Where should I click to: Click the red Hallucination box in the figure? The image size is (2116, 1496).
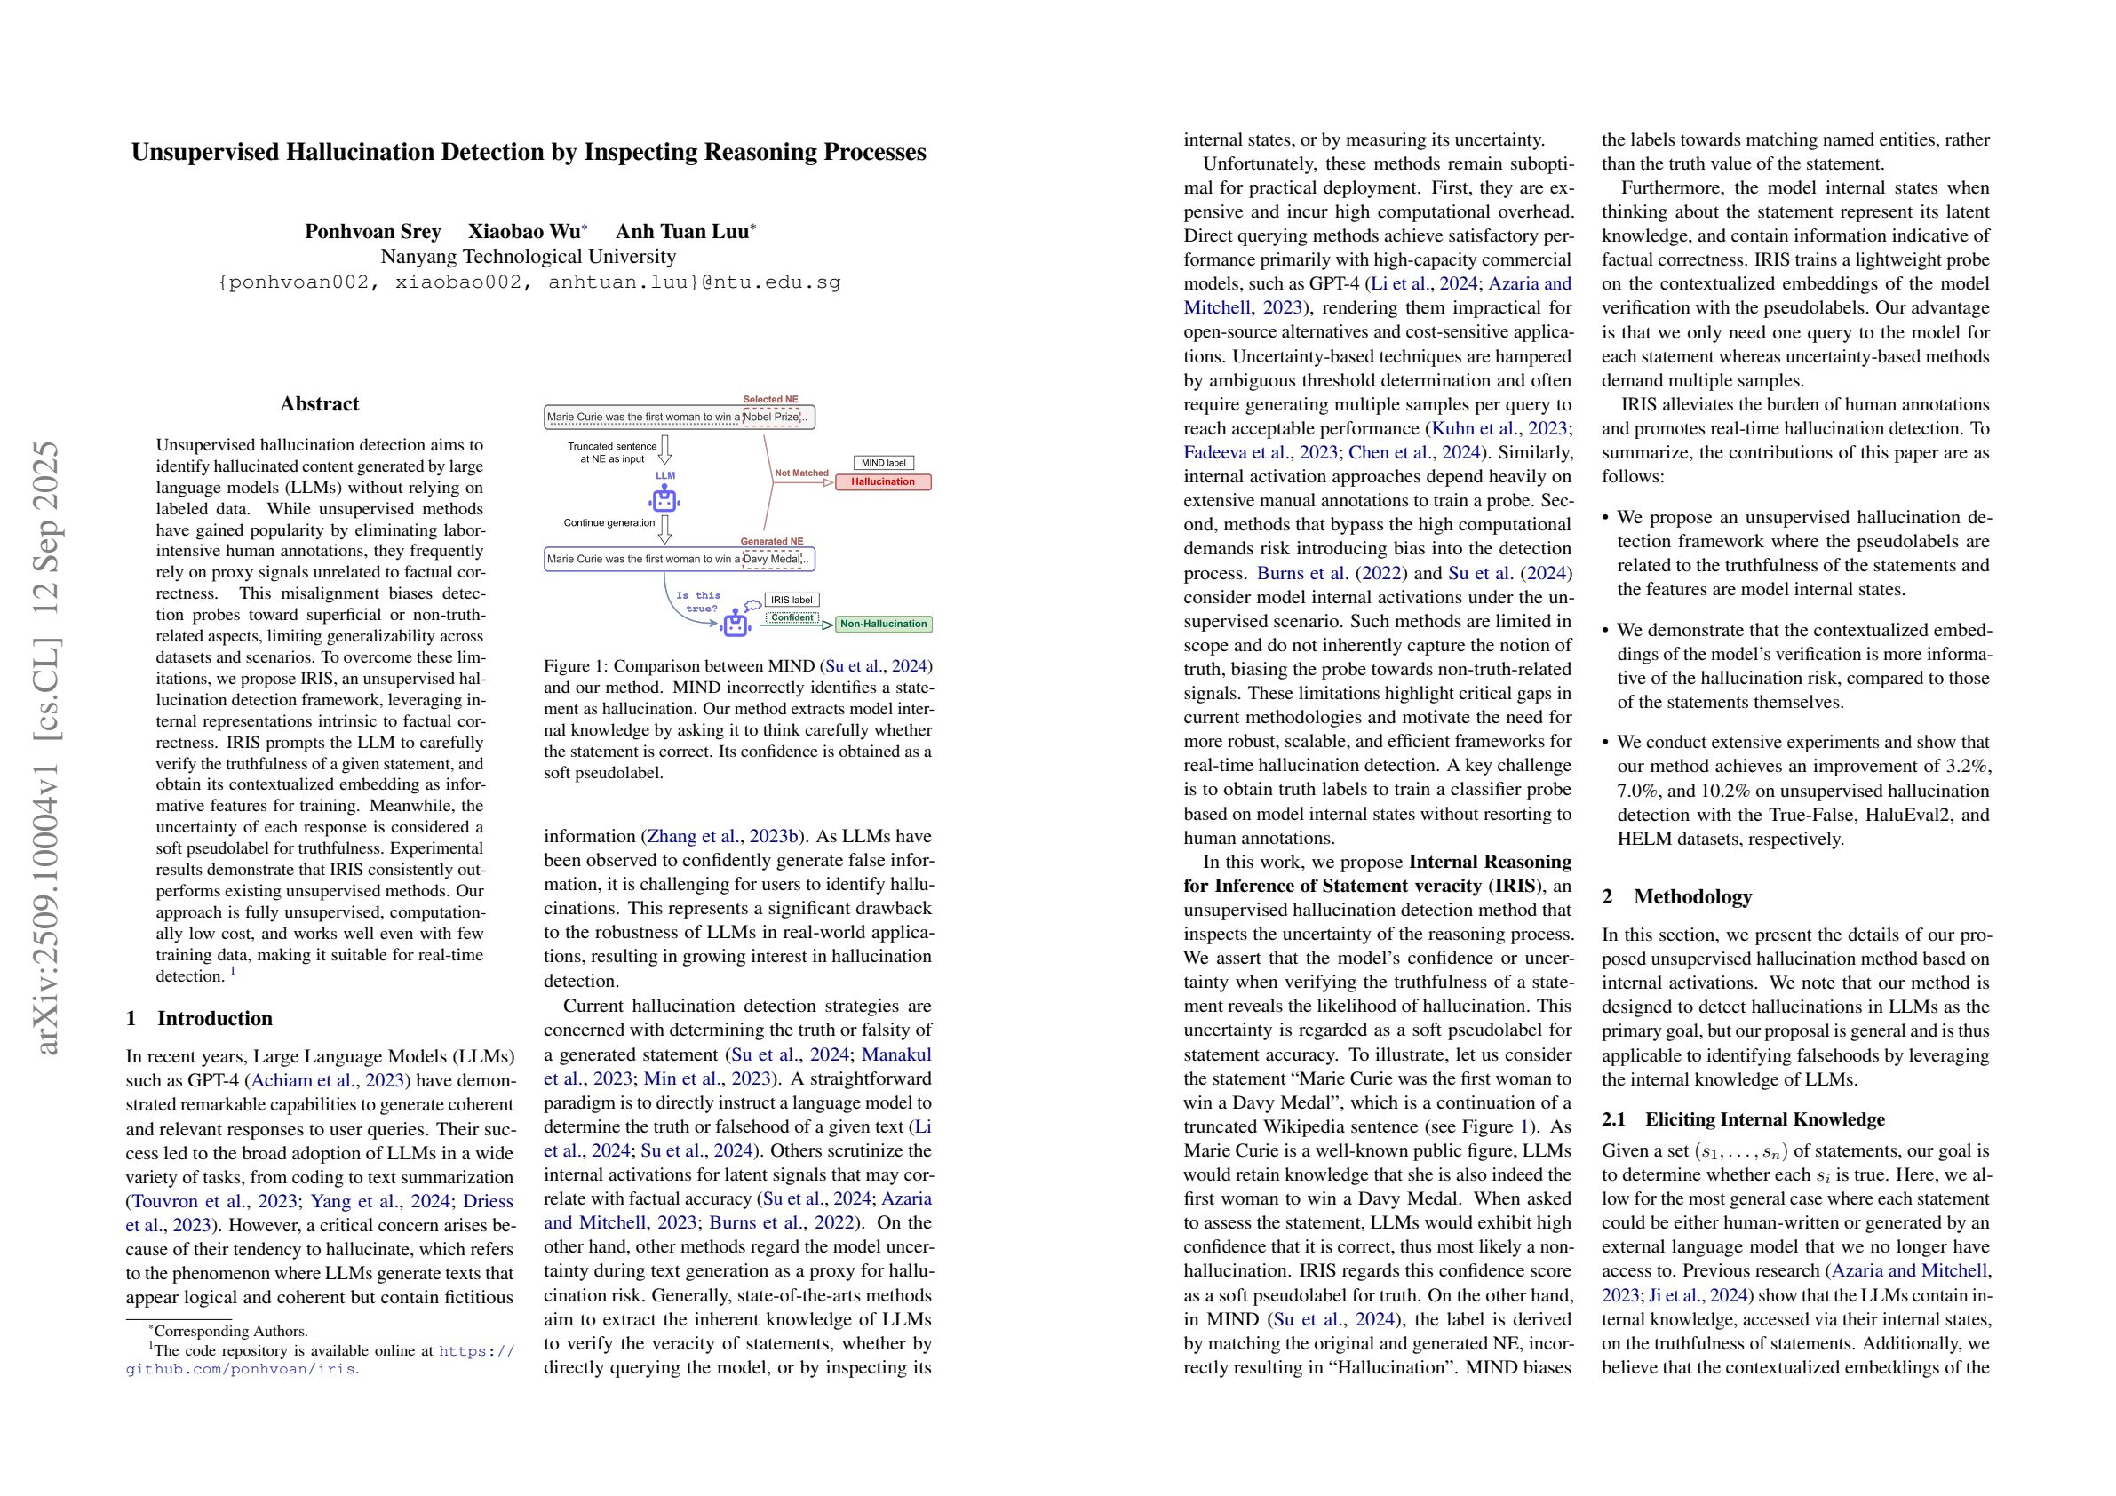pos(883,482)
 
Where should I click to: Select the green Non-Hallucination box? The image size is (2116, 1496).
pos(883,624)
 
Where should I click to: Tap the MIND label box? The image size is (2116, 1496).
pos(883,463)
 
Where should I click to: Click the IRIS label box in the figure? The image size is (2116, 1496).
pos(791,600)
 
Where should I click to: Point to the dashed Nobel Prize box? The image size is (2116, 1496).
pos(771,418)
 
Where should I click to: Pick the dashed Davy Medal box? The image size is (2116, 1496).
pos(772,560)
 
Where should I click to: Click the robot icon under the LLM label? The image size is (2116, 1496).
pos(664,500)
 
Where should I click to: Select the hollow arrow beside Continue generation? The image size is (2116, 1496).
pos(665,529)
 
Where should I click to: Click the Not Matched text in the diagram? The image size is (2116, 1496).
pos(801,473)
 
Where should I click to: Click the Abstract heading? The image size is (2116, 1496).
pos(319,403)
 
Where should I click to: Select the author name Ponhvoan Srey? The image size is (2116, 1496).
pos(372,231)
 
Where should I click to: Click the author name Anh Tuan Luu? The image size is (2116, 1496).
pos(681,231)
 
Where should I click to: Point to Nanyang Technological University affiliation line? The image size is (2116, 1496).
pos(528,256)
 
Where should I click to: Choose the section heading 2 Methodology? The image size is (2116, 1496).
pos(1676,897)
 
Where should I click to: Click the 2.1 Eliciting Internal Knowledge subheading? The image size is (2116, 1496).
pos(1743,1120)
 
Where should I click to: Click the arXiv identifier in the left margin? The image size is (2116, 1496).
pos(46,746)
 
